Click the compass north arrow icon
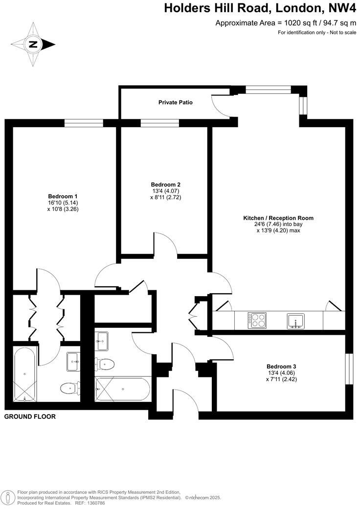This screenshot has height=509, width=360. point(33,44)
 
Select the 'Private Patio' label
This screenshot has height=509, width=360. point(175,103)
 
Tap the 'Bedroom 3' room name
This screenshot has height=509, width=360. point(281,366)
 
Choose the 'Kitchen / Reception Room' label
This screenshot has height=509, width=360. point(278,218)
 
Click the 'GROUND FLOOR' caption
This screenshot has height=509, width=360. point(30,417)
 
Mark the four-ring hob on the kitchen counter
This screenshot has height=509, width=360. point(257,320)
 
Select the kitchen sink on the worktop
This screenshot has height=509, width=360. point(296,321)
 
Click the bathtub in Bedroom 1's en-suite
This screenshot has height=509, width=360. point(24,374)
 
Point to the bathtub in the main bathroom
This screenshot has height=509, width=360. point(122,389)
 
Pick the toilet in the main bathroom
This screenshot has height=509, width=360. point(106,364)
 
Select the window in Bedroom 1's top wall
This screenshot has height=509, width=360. point(83,123)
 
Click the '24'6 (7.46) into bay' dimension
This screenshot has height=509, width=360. point(278,224)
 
